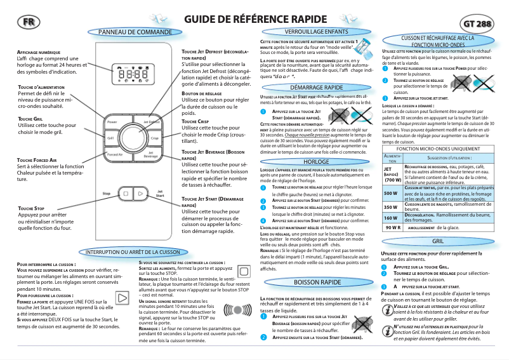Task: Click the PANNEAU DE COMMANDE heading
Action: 131,32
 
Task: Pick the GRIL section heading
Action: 437,242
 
